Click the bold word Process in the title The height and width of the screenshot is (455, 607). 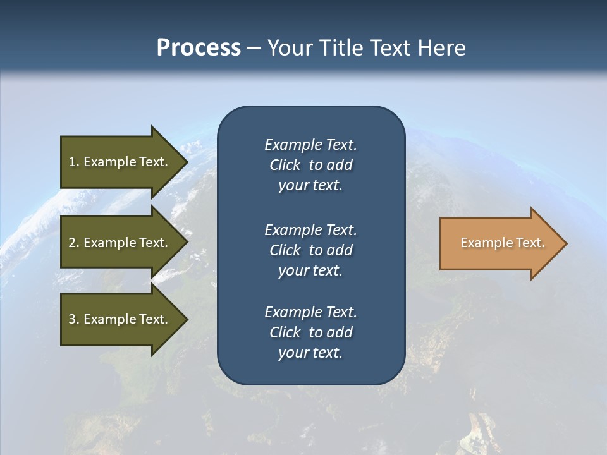click(x=199, y=48)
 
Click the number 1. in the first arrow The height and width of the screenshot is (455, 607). click(x=74, y=162)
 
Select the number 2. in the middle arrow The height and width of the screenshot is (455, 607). click(x=74, y=243)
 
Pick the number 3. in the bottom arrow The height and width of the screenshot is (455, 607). click(x=74, y=319)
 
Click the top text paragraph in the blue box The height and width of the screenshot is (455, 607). click(x=310, y=165)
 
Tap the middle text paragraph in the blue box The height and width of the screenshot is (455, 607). click(x=310, y=250)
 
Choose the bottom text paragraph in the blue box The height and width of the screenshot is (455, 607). click(x=310, y=332)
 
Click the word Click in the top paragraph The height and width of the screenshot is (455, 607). click(x=285, y=165)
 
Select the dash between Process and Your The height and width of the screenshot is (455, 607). click(x=254, y=49)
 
